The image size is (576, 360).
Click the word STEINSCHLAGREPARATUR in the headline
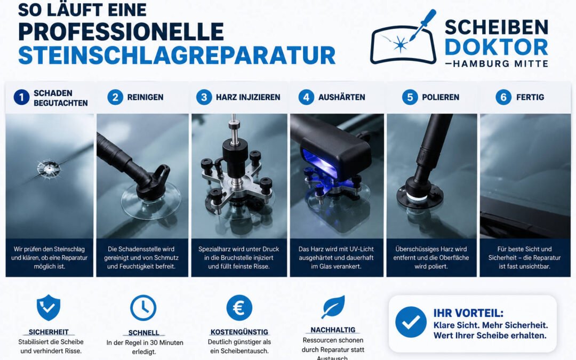(x=177, y=55)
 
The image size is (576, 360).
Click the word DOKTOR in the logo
(x=497, y=47)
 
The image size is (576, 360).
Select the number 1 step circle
(x=22, y=98)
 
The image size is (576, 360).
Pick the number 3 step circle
(x=204, y=98)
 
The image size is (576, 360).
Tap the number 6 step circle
(x=503, y=98)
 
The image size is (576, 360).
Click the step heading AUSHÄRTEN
(x=342, y=98)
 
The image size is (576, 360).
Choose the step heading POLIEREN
(x=441, y=98)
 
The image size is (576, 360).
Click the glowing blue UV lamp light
(x=319, y=161)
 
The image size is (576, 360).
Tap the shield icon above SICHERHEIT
(x=49, y=308)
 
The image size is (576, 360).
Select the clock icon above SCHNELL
(x=143, y=308)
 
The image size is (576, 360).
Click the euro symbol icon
(x=239, y=308)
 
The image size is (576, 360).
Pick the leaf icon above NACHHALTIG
(x=333, y=307)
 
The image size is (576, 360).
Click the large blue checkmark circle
(x=411, y=322)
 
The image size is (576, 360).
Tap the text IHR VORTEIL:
(x=468, y=313)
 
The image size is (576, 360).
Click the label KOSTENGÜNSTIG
(x=239, y=332)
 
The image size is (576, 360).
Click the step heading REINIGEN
(x=145, y=98)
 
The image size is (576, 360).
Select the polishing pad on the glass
(x=420, y=196)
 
